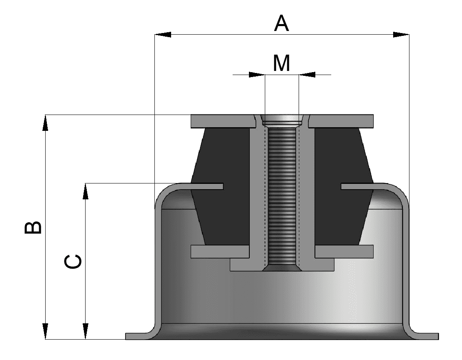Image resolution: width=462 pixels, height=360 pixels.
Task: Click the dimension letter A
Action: pos(282,24)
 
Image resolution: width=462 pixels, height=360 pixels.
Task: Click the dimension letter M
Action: pos(282,63)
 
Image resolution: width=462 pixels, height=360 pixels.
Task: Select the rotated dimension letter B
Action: pos(33,227)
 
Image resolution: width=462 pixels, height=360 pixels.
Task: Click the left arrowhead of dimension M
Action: pos(257,75)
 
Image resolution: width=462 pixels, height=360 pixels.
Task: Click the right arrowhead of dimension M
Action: pos(307,75)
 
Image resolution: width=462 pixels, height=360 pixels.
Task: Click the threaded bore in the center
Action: pos(282,196)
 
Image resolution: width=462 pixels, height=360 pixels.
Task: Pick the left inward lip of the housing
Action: pos(204,186)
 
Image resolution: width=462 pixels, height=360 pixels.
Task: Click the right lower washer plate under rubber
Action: pos(344,251)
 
